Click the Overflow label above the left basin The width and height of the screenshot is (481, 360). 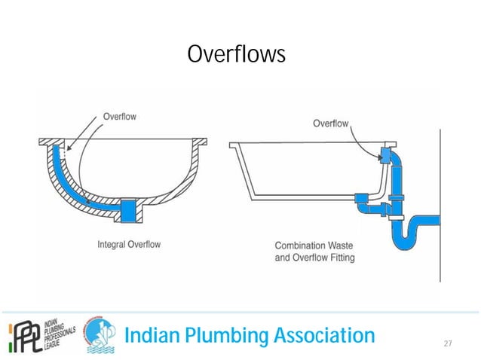119,117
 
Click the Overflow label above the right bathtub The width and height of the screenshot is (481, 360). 331,124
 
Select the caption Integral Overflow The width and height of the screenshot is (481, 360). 129,244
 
